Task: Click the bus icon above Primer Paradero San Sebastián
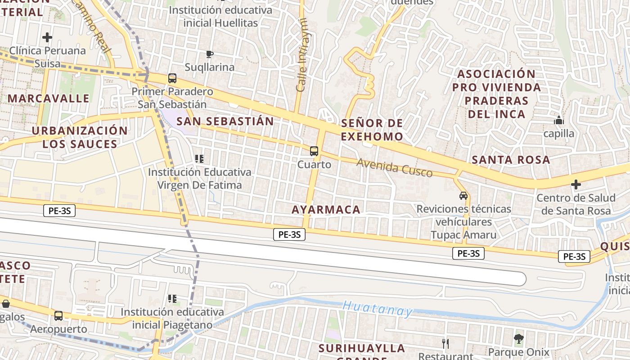point(172,78)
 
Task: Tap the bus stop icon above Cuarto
point(314,151)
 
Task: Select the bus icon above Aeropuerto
point(58,316)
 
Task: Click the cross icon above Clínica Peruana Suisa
point(47,37)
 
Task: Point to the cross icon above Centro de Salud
point(576,184)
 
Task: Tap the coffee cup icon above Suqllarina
point(209,54)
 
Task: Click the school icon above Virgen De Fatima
point(199,158)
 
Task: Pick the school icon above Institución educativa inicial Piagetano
point(172,298)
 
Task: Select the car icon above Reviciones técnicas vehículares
point(463,196)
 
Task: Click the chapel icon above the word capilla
point(559,120)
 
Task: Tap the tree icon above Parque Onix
point(519,338)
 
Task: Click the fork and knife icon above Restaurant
point(445,344)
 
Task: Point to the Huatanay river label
point(378,309)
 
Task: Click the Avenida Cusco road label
point(394,167)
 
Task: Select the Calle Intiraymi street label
point(302,55)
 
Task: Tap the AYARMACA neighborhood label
point(326,209)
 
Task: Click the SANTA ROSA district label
point(511,160)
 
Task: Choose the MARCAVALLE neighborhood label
point(49,98)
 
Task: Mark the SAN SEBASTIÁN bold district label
point(225,121)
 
